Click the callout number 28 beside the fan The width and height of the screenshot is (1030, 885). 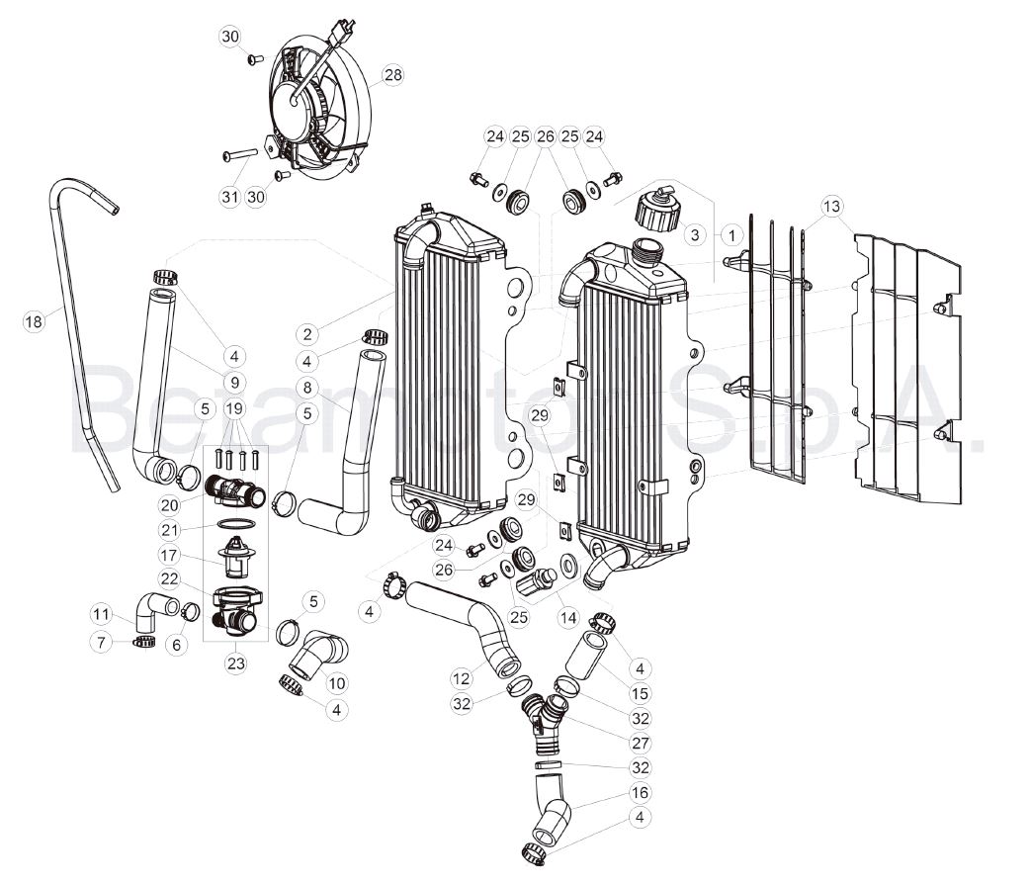[392, 75]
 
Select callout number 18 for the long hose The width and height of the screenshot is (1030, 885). [33, 320]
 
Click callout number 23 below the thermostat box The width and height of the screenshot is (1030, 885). [236, 663]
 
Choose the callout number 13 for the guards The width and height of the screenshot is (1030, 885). [831, 207]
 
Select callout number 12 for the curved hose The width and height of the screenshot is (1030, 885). [462, 677]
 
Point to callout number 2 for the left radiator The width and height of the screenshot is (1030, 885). [307, 334]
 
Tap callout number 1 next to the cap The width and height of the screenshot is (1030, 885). [730, 234]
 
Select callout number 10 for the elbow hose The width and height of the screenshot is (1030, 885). [337, 683]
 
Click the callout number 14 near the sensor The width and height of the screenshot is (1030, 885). [568, 617]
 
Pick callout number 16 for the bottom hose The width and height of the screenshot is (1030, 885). [640, 792]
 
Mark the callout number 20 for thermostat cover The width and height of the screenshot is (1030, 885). [169, 504]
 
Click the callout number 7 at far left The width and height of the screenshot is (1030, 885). [101, 641]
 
